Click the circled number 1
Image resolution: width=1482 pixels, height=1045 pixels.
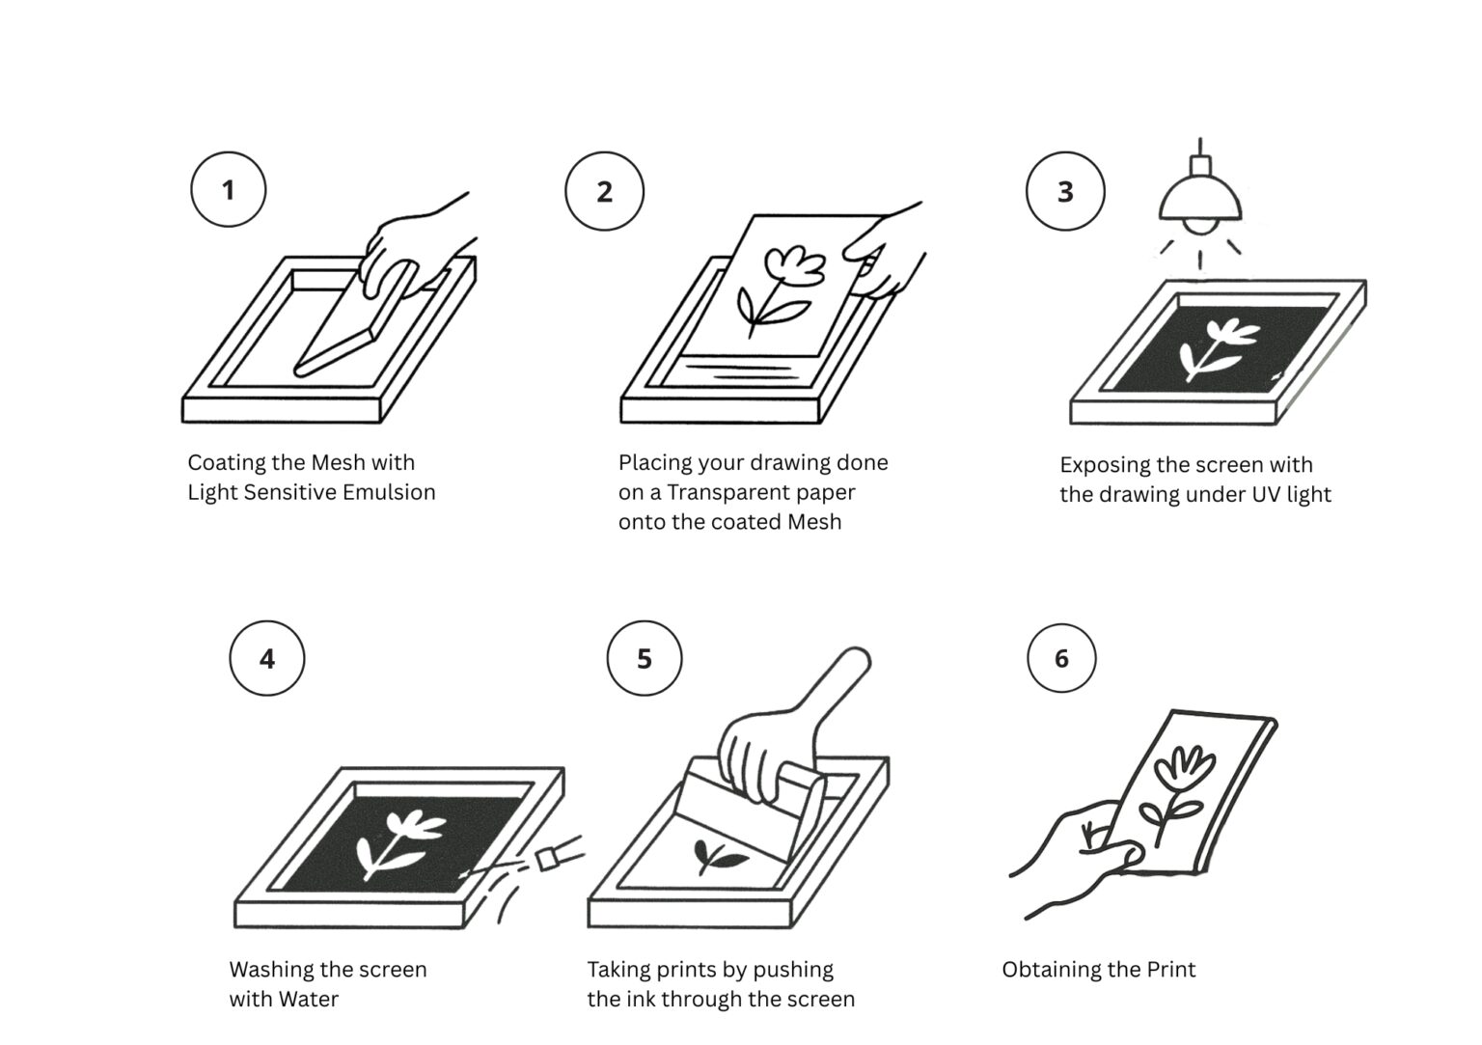pos(229,189)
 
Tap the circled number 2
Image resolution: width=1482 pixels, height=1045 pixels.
pos(604,191)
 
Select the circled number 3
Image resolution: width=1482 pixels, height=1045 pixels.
pos(1065,191)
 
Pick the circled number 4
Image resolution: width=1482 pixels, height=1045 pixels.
pos(267,658)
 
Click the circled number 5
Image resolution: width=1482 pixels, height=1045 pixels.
pos(645,658)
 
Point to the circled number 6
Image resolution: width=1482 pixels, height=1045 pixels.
pos(1061,658)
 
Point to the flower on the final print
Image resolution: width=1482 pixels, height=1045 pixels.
pos(1176,795)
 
